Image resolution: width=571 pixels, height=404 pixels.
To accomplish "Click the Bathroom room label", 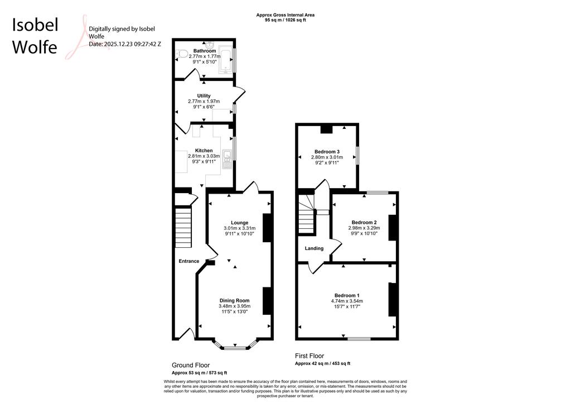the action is [x=204, y=51].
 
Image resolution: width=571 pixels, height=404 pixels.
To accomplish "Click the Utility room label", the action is [x=204, y=96].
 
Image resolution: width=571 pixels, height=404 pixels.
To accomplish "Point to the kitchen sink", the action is [x=228, y=160].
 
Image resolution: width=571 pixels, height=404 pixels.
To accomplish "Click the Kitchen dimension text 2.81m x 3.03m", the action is [x=204, y=156].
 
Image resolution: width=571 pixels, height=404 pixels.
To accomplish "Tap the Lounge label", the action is [x=240, y=223].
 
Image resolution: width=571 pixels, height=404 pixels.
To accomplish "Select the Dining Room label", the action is [x=235, y=301].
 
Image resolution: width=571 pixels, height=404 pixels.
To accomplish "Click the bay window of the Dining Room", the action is [x=235, y=345].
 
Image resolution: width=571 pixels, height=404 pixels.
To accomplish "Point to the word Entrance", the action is [x=189, y=261].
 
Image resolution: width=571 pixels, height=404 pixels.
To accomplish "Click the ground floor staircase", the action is [x=183, y=227].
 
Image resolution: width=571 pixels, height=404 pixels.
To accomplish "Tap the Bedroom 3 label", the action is [x=327, y=152].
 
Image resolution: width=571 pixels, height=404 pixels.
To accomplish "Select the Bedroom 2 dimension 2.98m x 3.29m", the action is [x=364, y=228].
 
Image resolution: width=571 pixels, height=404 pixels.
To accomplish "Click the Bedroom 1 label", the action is [x=347, y=295].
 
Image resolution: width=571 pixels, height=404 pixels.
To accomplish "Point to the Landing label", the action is [x=314, y=248].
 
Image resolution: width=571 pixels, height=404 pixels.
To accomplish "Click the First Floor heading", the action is [x=309, y=356].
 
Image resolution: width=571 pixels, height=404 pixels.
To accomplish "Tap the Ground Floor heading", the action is [x=191, y=365].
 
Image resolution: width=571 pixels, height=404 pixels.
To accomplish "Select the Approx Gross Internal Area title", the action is [x=285, y=15].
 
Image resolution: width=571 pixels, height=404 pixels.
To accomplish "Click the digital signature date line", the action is [x=125, y=44].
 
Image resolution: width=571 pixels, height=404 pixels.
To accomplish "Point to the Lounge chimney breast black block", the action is [x=267, y=228].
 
